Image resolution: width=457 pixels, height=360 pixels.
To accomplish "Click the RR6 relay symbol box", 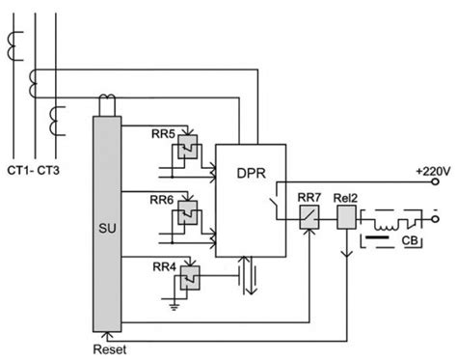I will (186, 215).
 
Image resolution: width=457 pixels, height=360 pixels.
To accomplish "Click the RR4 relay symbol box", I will (185, 283).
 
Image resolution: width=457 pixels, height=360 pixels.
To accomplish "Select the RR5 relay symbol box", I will (186, 147).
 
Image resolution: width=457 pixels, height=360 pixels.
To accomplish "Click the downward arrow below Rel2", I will (345, 256).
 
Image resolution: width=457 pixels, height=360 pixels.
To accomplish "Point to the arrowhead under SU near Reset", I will (108, 334).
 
